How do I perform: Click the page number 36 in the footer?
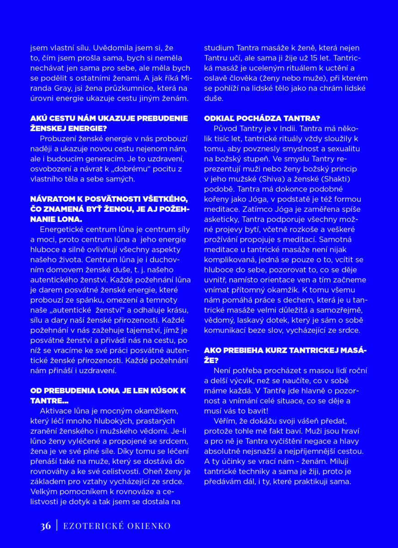tap(45, 526)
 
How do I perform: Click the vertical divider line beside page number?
tap(57, 526)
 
